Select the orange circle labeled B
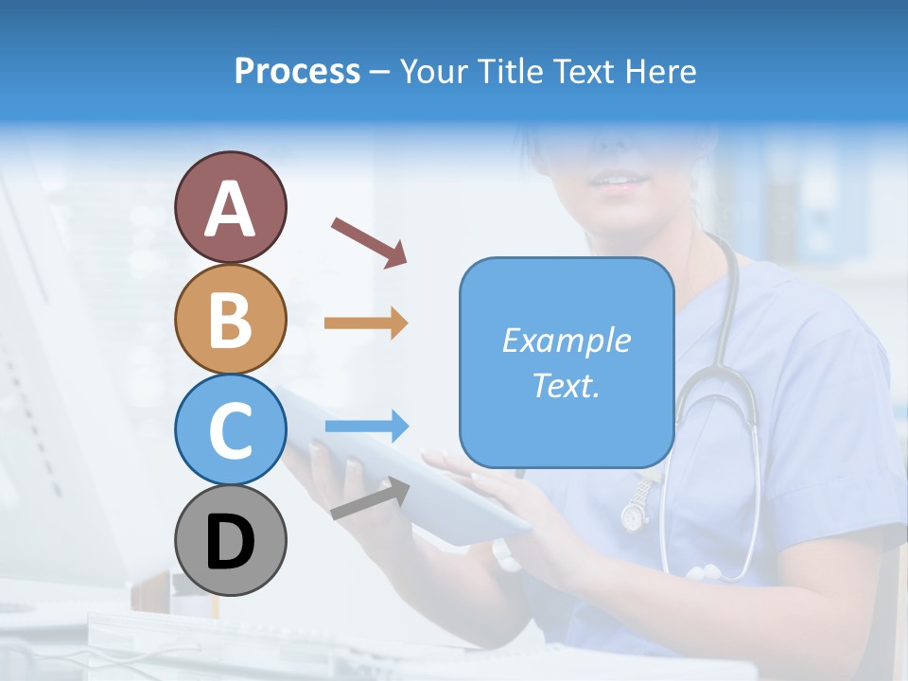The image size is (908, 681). click(231, 319)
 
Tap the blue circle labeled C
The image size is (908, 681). click(231, 429)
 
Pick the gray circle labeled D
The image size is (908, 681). click(231, 540)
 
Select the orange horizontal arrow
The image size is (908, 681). click(366, 323)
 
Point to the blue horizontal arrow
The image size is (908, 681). click(366, 427)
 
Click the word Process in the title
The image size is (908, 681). click(297, 72)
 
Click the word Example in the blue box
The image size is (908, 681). click(566, 340)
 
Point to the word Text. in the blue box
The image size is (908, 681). click(566, 385)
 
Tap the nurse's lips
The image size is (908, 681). click(620, 181)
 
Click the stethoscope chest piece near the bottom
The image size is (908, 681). click(705, 572)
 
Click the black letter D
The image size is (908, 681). click(231, 544)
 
